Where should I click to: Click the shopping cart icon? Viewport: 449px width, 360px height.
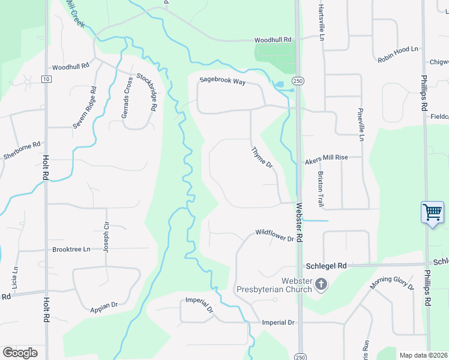pos(432,212)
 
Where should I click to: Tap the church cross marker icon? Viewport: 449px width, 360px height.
pos(321,284)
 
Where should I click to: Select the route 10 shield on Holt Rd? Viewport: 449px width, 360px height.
pos(46,79)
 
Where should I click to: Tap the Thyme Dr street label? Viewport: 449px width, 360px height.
pos(262,157)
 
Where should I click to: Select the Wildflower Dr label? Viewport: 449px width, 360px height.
pos(274,235)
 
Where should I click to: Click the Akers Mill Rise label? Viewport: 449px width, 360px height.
pos(327,157)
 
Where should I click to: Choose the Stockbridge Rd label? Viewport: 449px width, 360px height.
pos(147,92)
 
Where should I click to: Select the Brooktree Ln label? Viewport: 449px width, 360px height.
pos(71,249)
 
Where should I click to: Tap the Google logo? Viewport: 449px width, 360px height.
pos(20,352)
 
